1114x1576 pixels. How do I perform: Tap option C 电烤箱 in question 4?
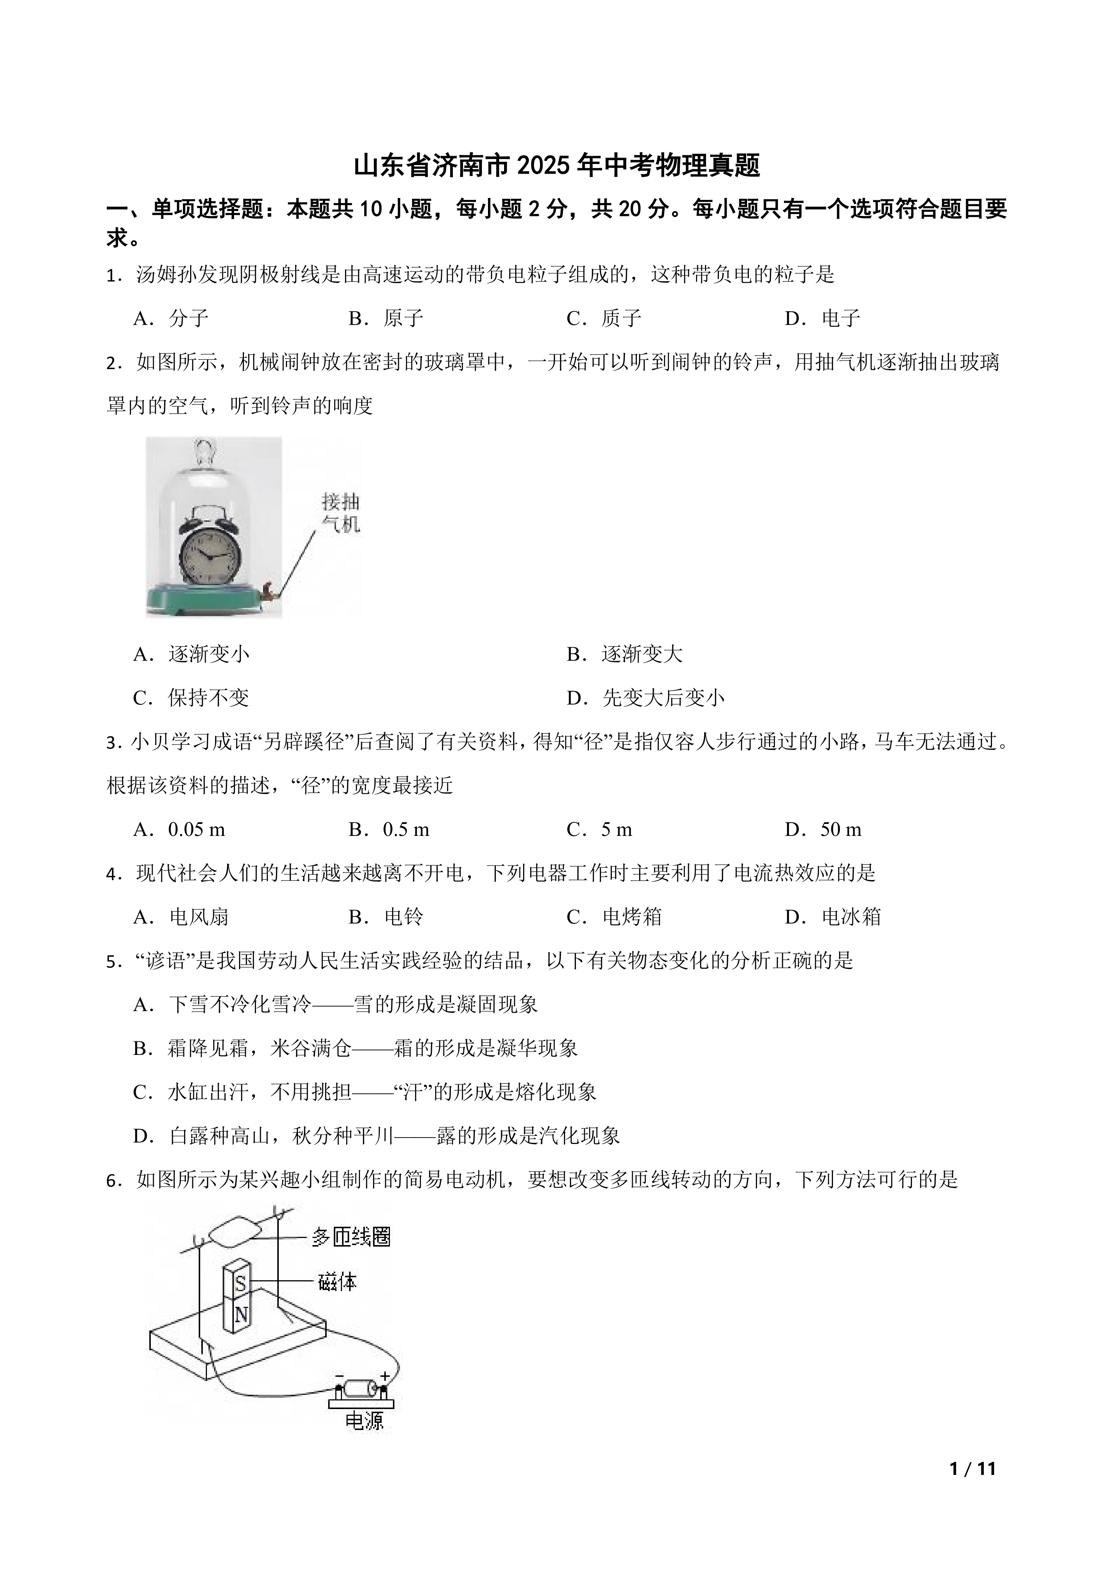(614, 917)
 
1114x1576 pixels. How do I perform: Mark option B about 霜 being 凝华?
(355, 1048)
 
